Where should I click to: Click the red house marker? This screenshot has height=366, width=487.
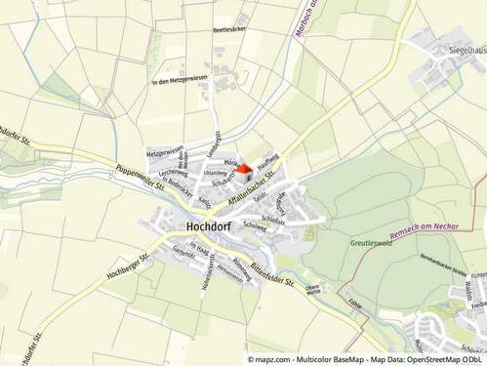pos(244,168)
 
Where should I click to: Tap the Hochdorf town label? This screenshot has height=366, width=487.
pos(207,225)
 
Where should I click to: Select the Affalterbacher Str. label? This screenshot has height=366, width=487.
pos(253,186)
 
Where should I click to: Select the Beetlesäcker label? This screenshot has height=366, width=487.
pos(230,30)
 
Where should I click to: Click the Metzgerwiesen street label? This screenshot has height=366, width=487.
pos(164,151)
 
